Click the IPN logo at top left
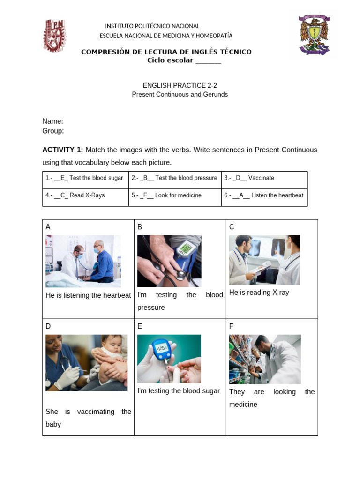coord(54,36)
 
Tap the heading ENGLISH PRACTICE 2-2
coord(180,85)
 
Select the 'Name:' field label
coord(52,121)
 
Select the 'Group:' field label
coord(53,131)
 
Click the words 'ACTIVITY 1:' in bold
coord(62,150)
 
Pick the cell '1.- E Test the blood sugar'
coord(85,178)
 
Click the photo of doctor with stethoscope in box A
coord(83,261)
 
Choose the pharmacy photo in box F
coord(265,359)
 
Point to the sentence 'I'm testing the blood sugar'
coord(178,391)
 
